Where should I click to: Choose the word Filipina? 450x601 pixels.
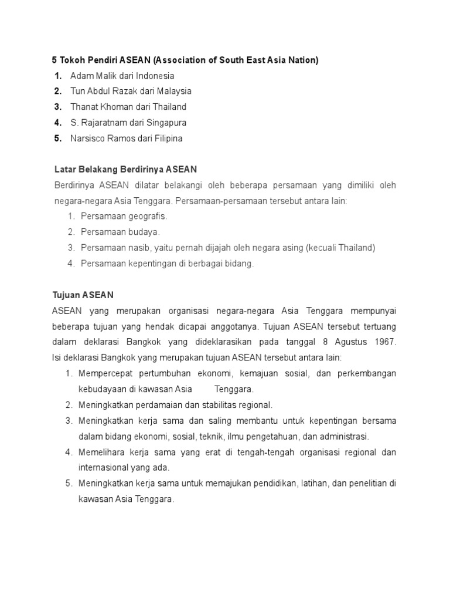point(168,139)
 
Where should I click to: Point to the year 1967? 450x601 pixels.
point(386,342)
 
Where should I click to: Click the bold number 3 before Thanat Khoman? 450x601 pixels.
point(57,107)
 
